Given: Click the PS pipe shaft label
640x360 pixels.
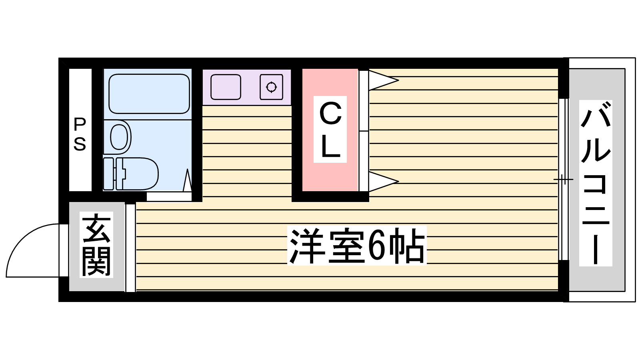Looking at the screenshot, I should [x=80, y=134].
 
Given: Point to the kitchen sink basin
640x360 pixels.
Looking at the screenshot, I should [x=226, y=87].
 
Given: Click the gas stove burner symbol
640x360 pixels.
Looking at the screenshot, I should [x=271, y=87].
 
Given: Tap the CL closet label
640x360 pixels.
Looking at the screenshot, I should [x=330, y=130].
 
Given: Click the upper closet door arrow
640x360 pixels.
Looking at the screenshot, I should [x=382, y=80].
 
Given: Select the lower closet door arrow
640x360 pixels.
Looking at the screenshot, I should [x=382, y=182].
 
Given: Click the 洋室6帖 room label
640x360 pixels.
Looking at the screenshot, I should [x=357, y=245].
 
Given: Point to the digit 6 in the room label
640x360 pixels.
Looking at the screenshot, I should [x=376, y=245].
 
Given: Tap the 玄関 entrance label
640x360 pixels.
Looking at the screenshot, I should [x=96, y=245].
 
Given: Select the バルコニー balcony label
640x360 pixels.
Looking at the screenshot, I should [x=596, y=183].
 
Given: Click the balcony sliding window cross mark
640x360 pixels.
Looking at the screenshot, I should [x=563, y=180].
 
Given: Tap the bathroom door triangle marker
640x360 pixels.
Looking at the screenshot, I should [x=187, y=181].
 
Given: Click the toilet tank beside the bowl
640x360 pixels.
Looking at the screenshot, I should [x=108, y=174].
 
